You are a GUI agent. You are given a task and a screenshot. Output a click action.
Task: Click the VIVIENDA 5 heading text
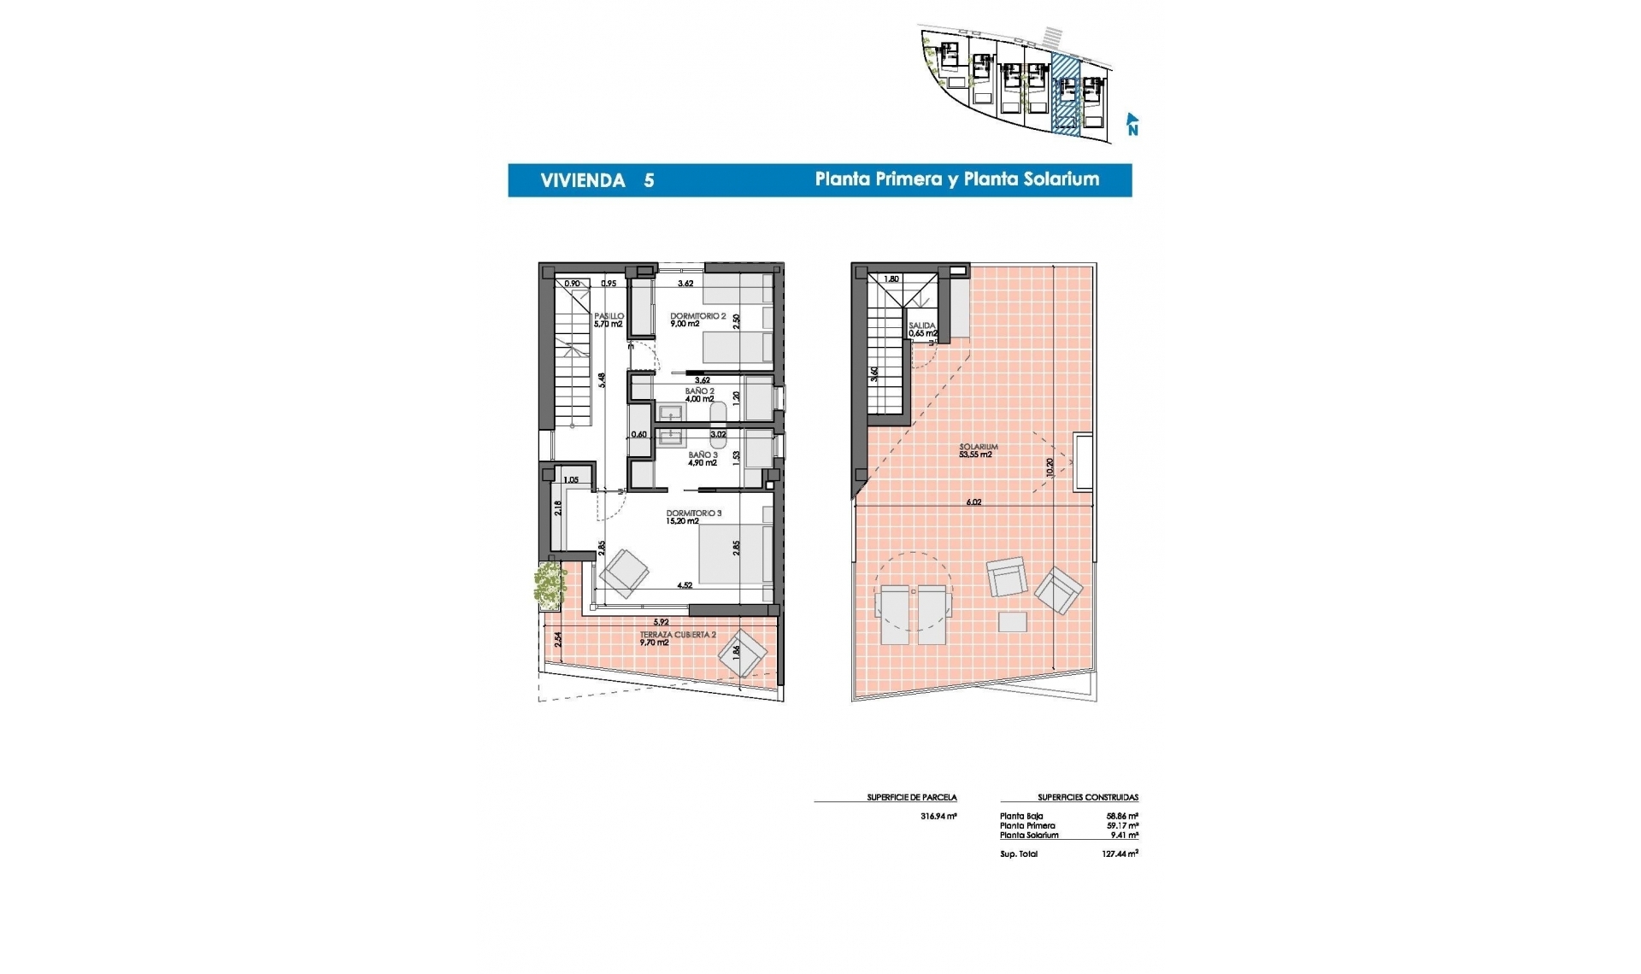597,180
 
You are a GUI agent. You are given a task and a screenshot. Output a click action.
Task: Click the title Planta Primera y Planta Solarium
956,179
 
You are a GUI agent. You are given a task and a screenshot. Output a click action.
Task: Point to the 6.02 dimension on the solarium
973,502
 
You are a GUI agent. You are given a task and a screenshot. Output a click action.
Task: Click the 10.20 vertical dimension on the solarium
1050,467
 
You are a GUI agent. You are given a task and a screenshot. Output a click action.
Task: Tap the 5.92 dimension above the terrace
661,622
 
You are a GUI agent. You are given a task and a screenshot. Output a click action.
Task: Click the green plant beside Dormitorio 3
550,584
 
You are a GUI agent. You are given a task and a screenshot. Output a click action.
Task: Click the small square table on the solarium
1012,621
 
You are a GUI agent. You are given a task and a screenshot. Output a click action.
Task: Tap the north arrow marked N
1132,125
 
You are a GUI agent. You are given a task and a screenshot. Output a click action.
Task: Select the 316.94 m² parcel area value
938,816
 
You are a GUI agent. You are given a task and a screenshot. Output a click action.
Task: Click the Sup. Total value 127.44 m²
1119,854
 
